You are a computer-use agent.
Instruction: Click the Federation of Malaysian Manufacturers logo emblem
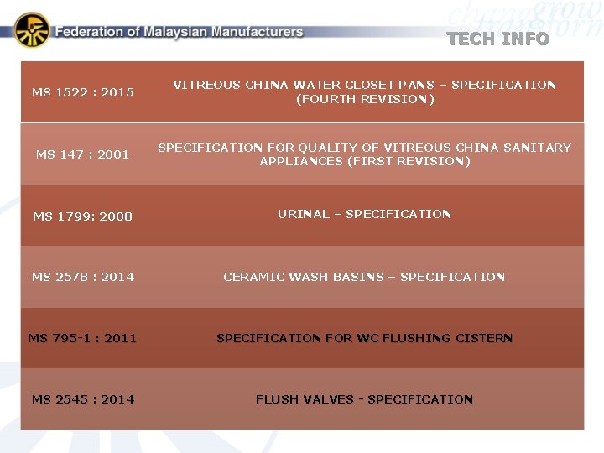(x=32, y=30)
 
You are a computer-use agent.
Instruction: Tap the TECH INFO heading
(x=498, y=39)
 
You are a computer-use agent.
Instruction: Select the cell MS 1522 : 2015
(x=83, y=92)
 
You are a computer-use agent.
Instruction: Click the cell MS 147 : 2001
(x=83, y=154)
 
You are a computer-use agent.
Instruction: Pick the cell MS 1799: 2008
(x=83, y=216)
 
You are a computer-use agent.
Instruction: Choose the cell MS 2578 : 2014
(x=83, y=277)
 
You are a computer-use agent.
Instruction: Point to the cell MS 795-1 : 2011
(x=83, y=338)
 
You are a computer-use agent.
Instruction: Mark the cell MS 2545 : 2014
(x=83, y=399)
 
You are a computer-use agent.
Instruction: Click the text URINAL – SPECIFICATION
(x=364, y=214)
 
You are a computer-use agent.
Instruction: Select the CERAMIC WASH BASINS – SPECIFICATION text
(x=364, y=277)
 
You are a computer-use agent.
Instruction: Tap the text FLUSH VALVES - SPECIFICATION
(x=364, y=399)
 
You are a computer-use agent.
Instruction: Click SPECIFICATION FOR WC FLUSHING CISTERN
(x=364, y=338)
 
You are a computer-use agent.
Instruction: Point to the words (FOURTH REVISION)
(x=365, y=99)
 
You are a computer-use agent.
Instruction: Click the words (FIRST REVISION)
(x=365, y=161)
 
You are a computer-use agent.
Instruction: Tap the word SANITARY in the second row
(x=537, y=148)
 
